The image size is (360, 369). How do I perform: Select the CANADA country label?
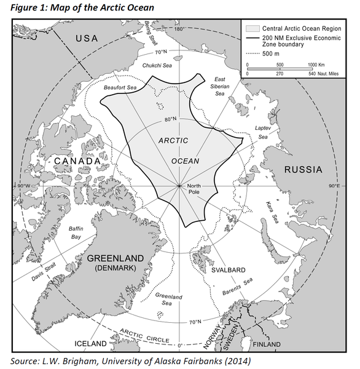[x=76, y=161]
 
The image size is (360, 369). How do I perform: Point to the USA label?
[x=87, y=40]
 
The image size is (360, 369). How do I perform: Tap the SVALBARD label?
[x=229, y=270]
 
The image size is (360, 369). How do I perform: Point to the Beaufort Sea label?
[x=120, y=88]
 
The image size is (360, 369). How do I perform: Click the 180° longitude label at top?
[x=179, y=30]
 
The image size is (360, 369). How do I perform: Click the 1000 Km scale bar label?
[x=316, y=65]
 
